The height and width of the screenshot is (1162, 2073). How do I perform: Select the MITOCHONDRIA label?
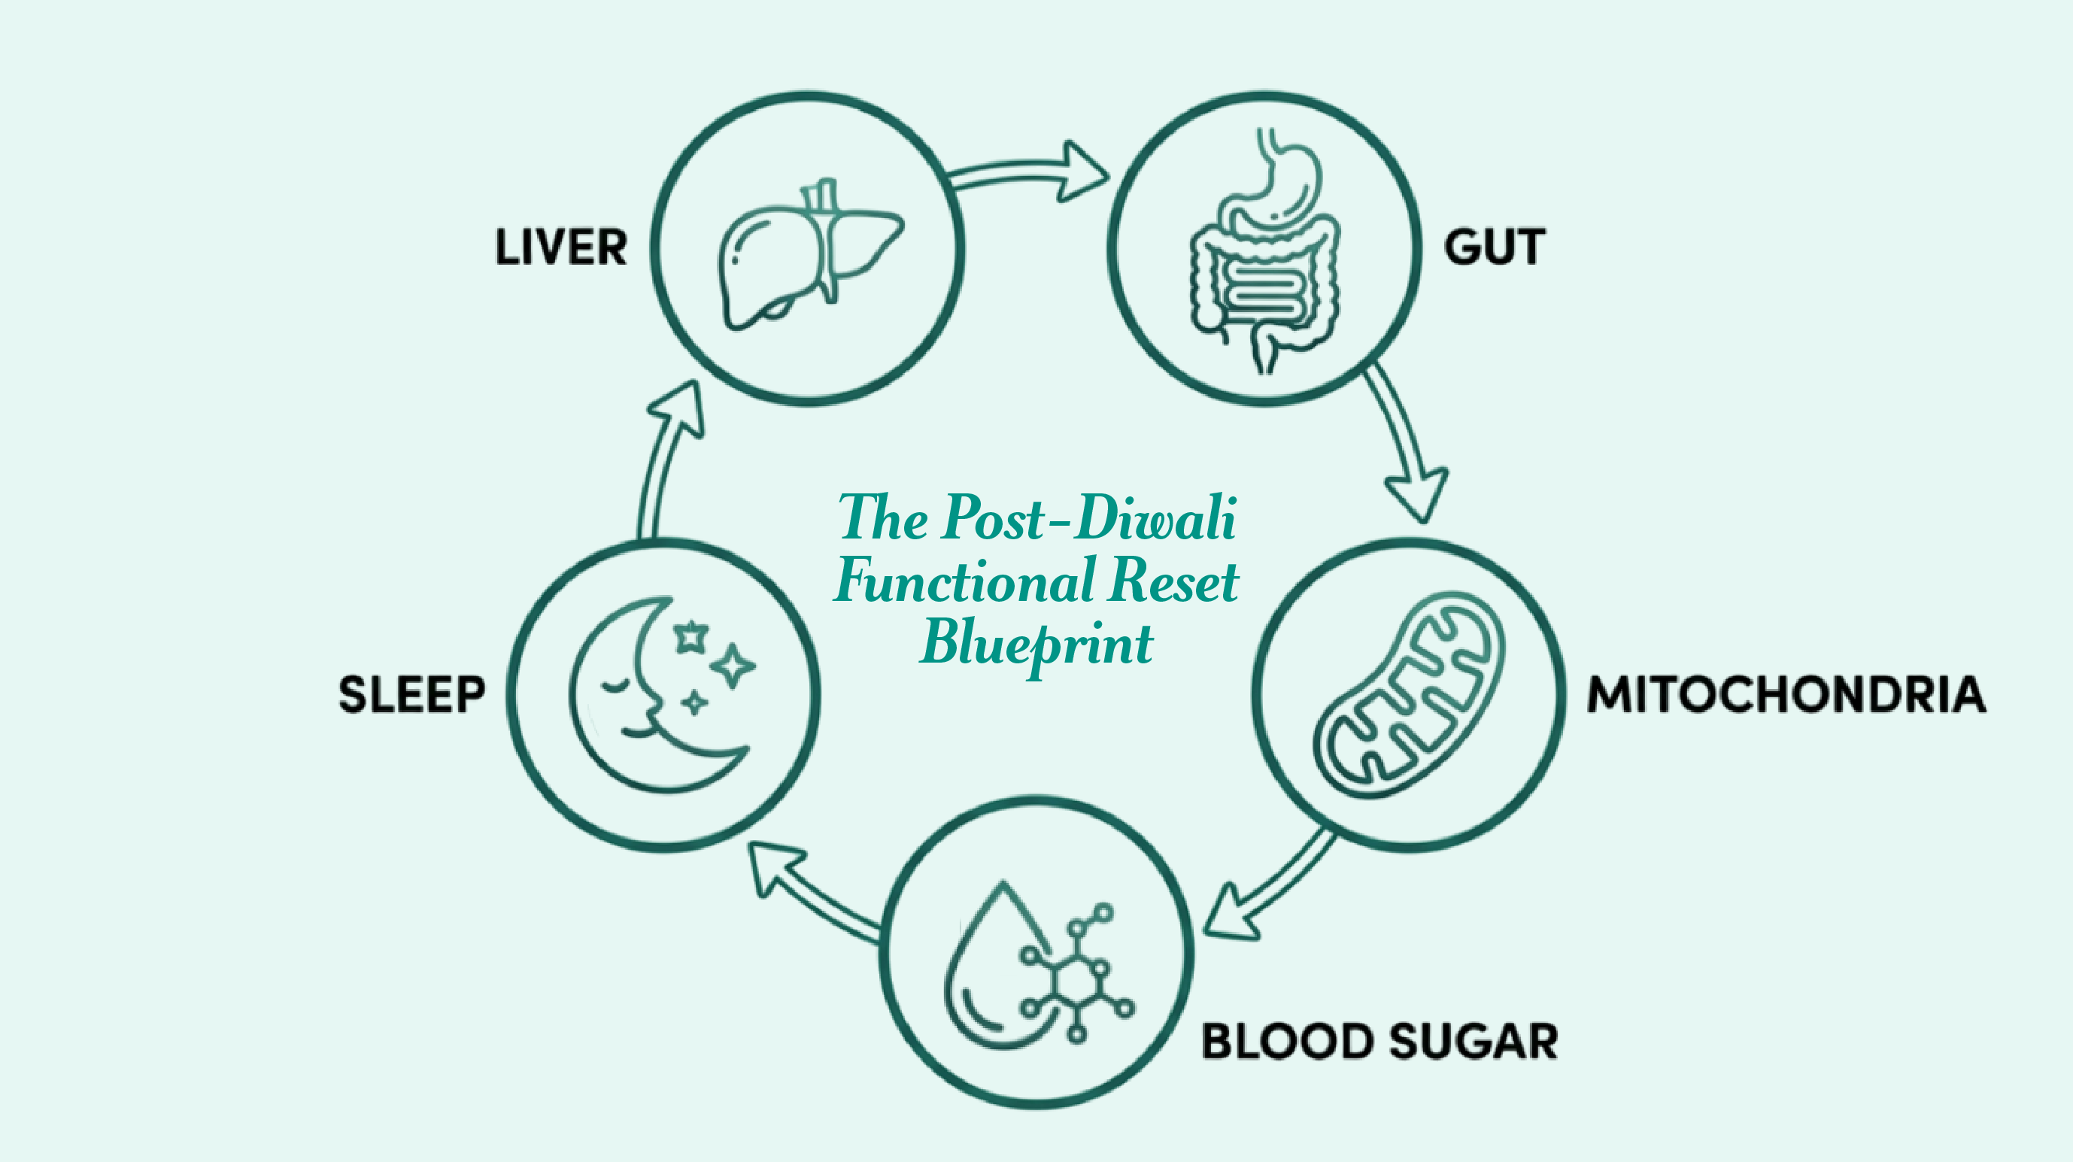[1786, 694]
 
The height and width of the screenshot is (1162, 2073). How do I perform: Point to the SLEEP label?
[412, 694]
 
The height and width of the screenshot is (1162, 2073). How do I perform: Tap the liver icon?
[809, 253]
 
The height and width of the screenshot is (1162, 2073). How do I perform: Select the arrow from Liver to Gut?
[1030, 173]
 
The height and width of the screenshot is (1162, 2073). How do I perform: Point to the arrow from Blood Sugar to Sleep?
[813, 893]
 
